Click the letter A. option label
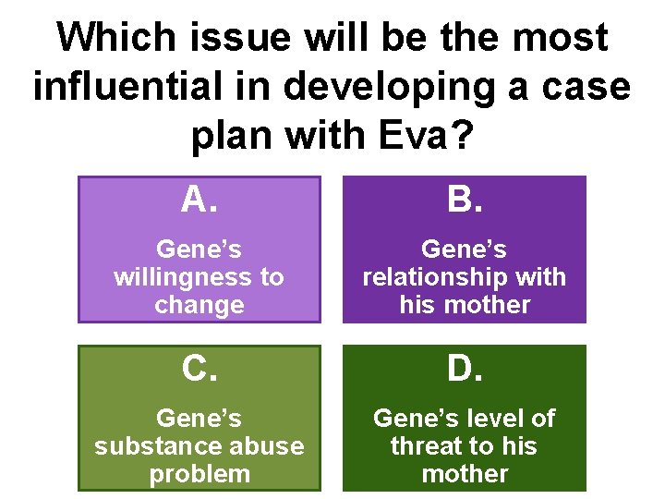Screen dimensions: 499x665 199,199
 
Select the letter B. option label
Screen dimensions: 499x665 465,199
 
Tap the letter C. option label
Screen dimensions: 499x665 199,369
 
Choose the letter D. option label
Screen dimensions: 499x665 465,369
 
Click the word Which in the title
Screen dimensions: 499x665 114,39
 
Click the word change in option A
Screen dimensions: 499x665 199,304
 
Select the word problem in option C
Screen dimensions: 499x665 199,474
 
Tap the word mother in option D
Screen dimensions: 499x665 465,474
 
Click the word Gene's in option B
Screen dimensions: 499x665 465,249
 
